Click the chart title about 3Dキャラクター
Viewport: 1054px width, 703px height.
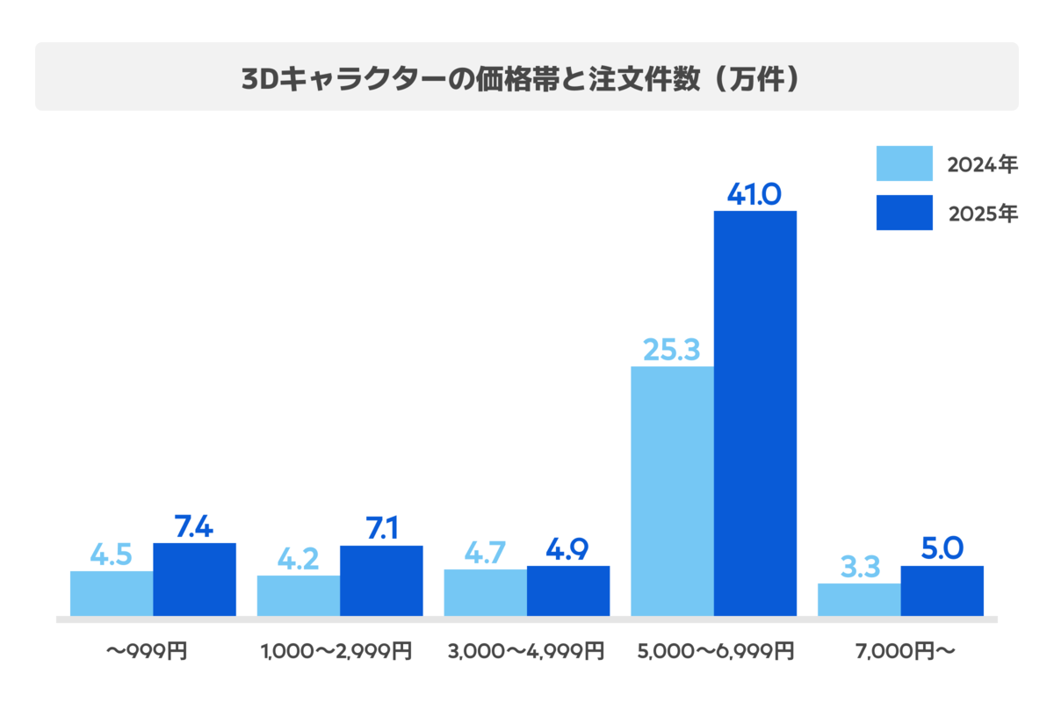tap(520, 78)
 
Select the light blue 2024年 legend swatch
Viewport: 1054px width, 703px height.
tap(904, 163)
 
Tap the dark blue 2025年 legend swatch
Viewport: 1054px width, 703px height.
tap(904, 213)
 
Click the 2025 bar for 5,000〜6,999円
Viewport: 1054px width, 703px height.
tap(754, 413)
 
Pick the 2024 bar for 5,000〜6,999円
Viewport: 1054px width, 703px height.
tap(672, 491)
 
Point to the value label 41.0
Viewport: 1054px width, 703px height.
tap(754, 194)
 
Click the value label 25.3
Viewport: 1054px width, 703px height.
tap(671, 350)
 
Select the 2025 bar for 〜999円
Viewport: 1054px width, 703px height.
tap(194, 580)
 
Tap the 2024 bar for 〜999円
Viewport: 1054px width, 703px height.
tap(112, 594)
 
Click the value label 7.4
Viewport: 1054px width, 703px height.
tap(194, 526)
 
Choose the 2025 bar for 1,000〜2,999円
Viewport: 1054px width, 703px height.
tap(381, 581)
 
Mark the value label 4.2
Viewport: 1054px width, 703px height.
tap(298, 559)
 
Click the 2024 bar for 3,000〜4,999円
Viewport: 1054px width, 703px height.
tap(485, 593)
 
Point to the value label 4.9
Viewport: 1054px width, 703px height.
tap(567, 549)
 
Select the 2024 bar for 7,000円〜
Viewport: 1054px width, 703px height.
tap(859, 600)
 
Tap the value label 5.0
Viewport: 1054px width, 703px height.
tap(942, 548)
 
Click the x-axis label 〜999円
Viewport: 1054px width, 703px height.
tap(147, 652)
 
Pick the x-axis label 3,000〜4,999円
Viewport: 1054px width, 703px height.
tap(526, 652)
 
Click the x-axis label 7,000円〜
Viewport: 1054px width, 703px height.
tap(906, 652)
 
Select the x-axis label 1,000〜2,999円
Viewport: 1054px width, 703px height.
tap(336, 652)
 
